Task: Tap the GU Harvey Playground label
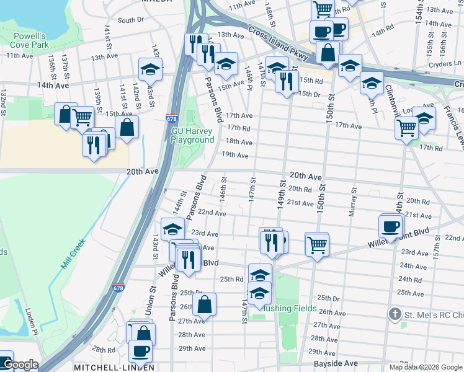click(192, 135)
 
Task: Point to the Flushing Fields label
click(291, 309)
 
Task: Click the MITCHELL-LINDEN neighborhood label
click(114, 368)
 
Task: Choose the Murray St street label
click(354, 201)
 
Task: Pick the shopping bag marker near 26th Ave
click(204, 304)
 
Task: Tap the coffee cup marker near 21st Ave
click(391, 226)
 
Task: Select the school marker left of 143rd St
click(149, 69)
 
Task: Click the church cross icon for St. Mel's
click(394, 314)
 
